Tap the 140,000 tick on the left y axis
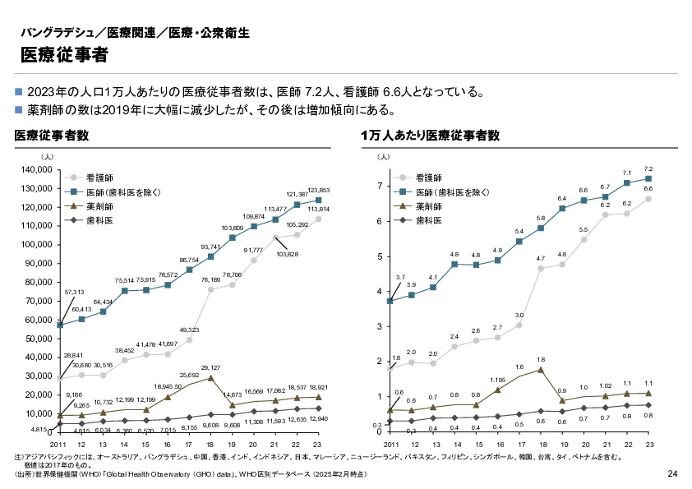(x=35, y=169)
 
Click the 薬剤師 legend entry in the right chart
(x=429, y=207)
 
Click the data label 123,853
(x=317, y=190)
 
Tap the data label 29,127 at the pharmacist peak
(x=211, y=368)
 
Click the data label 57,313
(x=74, y=292)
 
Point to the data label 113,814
(x=318, y=210)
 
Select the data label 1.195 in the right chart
(x=498, y=380)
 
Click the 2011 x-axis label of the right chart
(x=390, y=444)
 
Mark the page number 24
(x=671, y=474)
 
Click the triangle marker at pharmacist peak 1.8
(x=541, y=370)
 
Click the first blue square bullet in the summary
(x=19, y=91)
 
